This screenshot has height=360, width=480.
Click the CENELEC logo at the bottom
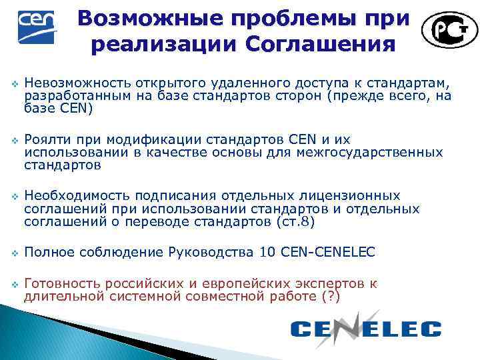coord(366,327)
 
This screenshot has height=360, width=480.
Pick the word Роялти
coord(45,139)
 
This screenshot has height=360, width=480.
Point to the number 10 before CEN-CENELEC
coord(267,252)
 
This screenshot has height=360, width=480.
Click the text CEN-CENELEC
coord(328,252)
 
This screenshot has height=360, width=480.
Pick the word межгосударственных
coord(378,153)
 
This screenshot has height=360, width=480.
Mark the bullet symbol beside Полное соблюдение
coord(12,253)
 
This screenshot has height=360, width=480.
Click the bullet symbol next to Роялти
coord(12,140)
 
